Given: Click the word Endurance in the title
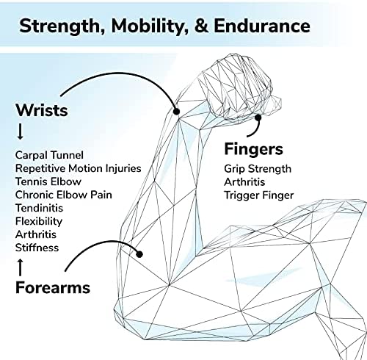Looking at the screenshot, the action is click(x=262, y=26).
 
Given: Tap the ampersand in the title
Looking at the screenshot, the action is click(x=201, y=26).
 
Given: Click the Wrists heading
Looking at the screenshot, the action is click(x=42, y=110).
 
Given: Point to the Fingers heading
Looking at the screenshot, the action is click(x=253, y=149).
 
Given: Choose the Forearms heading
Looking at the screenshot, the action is click(x=53, y=287).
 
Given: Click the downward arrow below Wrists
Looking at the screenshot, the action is click(x=21, y=132).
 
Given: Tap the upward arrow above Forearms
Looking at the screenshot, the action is click(x=21, y=267).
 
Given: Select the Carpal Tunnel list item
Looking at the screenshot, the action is click(x=49, y=155).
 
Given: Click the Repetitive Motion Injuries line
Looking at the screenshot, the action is click(x=79, y=168).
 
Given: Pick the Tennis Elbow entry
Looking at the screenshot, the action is click(x=48, y=181).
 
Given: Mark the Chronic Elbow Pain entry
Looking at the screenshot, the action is click(x=64, y=195).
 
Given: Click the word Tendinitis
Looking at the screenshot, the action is click(x=39, y=208).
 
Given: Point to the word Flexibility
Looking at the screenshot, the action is click(x=39, y=222).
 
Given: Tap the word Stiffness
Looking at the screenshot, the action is click(x=37, y=248).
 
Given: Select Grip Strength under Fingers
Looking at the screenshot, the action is click(x=258, y=169).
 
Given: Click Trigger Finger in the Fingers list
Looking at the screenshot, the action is click(x=259, y=195).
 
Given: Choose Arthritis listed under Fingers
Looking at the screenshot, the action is click(x=244, y=182).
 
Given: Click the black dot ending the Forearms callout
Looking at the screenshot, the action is click(x=139, y=254).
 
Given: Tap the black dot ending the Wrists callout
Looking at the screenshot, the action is click(x=176, y=112).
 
